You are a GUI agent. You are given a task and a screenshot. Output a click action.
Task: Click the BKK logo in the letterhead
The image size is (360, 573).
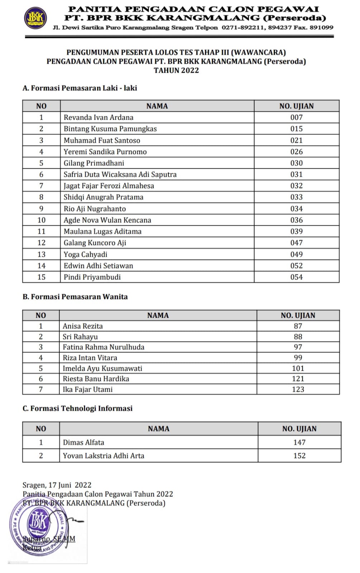(35, 18)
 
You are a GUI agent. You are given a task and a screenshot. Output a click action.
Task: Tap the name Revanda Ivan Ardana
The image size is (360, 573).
(99, 117)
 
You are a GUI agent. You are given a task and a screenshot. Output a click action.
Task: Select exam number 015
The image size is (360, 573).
(296, 129)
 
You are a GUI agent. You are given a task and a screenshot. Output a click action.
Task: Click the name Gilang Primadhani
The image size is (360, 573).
(94, 163)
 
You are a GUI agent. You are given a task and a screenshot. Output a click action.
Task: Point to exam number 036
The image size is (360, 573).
(296, 220)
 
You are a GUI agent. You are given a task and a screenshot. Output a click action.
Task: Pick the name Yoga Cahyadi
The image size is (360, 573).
(85, 255)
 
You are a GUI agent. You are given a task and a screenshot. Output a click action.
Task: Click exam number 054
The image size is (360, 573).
(296, 277)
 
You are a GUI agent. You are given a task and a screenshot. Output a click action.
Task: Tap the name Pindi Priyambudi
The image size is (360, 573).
(92, 277)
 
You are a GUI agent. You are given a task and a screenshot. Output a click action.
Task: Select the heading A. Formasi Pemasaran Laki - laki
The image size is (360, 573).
(80, 88)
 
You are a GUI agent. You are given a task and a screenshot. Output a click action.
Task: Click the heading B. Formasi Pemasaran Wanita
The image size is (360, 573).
(75, 297)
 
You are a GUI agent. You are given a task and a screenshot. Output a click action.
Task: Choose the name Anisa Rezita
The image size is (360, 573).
(83, 326)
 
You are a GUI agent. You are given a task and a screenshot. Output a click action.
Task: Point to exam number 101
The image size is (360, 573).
(298, 369)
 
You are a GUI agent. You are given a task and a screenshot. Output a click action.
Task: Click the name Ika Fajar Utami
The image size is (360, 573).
(88, 390)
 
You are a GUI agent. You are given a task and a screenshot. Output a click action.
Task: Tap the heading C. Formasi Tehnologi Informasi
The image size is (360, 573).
(77, 409)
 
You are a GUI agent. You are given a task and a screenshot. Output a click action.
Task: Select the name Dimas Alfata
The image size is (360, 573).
(83, 443)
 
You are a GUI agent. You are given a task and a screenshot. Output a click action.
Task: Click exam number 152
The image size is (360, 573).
(299, 456)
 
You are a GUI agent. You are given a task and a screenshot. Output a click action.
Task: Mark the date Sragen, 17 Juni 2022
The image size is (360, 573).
(57, 485)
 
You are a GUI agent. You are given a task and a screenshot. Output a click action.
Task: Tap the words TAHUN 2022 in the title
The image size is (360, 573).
(176, 71)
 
